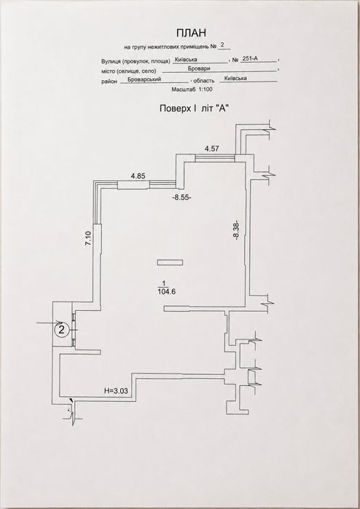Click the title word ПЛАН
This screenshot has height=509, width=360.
tap(192, 33)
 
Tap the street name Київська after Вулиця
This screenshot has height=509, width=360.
tap(186, 60)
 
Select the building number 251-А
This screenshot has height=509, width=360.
tap(250, 58)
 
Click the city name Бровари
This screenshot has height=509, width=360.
tap(199, 69)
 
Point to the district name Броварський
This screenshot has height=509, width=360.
tap(144, 79)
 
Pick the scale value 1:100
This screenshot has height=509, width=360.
tap(205, 90)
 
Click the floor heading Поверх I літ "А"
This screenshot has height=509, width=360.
tap(192, 108)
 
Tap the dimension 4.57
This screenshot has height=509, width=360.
tap(212, 149)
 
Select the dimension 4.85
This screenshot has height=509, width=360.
tap(138, 175)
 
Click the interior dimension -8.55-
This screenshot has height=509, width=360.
tap(181, 197)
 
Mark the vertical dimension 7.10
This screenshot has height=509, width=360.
tap(89, 240)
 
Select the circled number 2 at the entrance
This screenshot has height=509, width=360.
tap(62, 330)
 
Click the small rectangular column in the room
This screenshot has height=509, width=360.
tap(169, 263)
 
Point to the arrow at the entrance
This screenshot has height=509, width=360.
tap(50, 323)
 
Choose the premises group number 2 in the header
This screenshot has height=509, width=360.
tap(222, 45)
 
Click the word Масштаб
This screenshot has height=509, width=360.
tap(184, 90)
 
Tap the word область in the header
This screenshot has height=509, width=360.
tap(204, 81)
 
